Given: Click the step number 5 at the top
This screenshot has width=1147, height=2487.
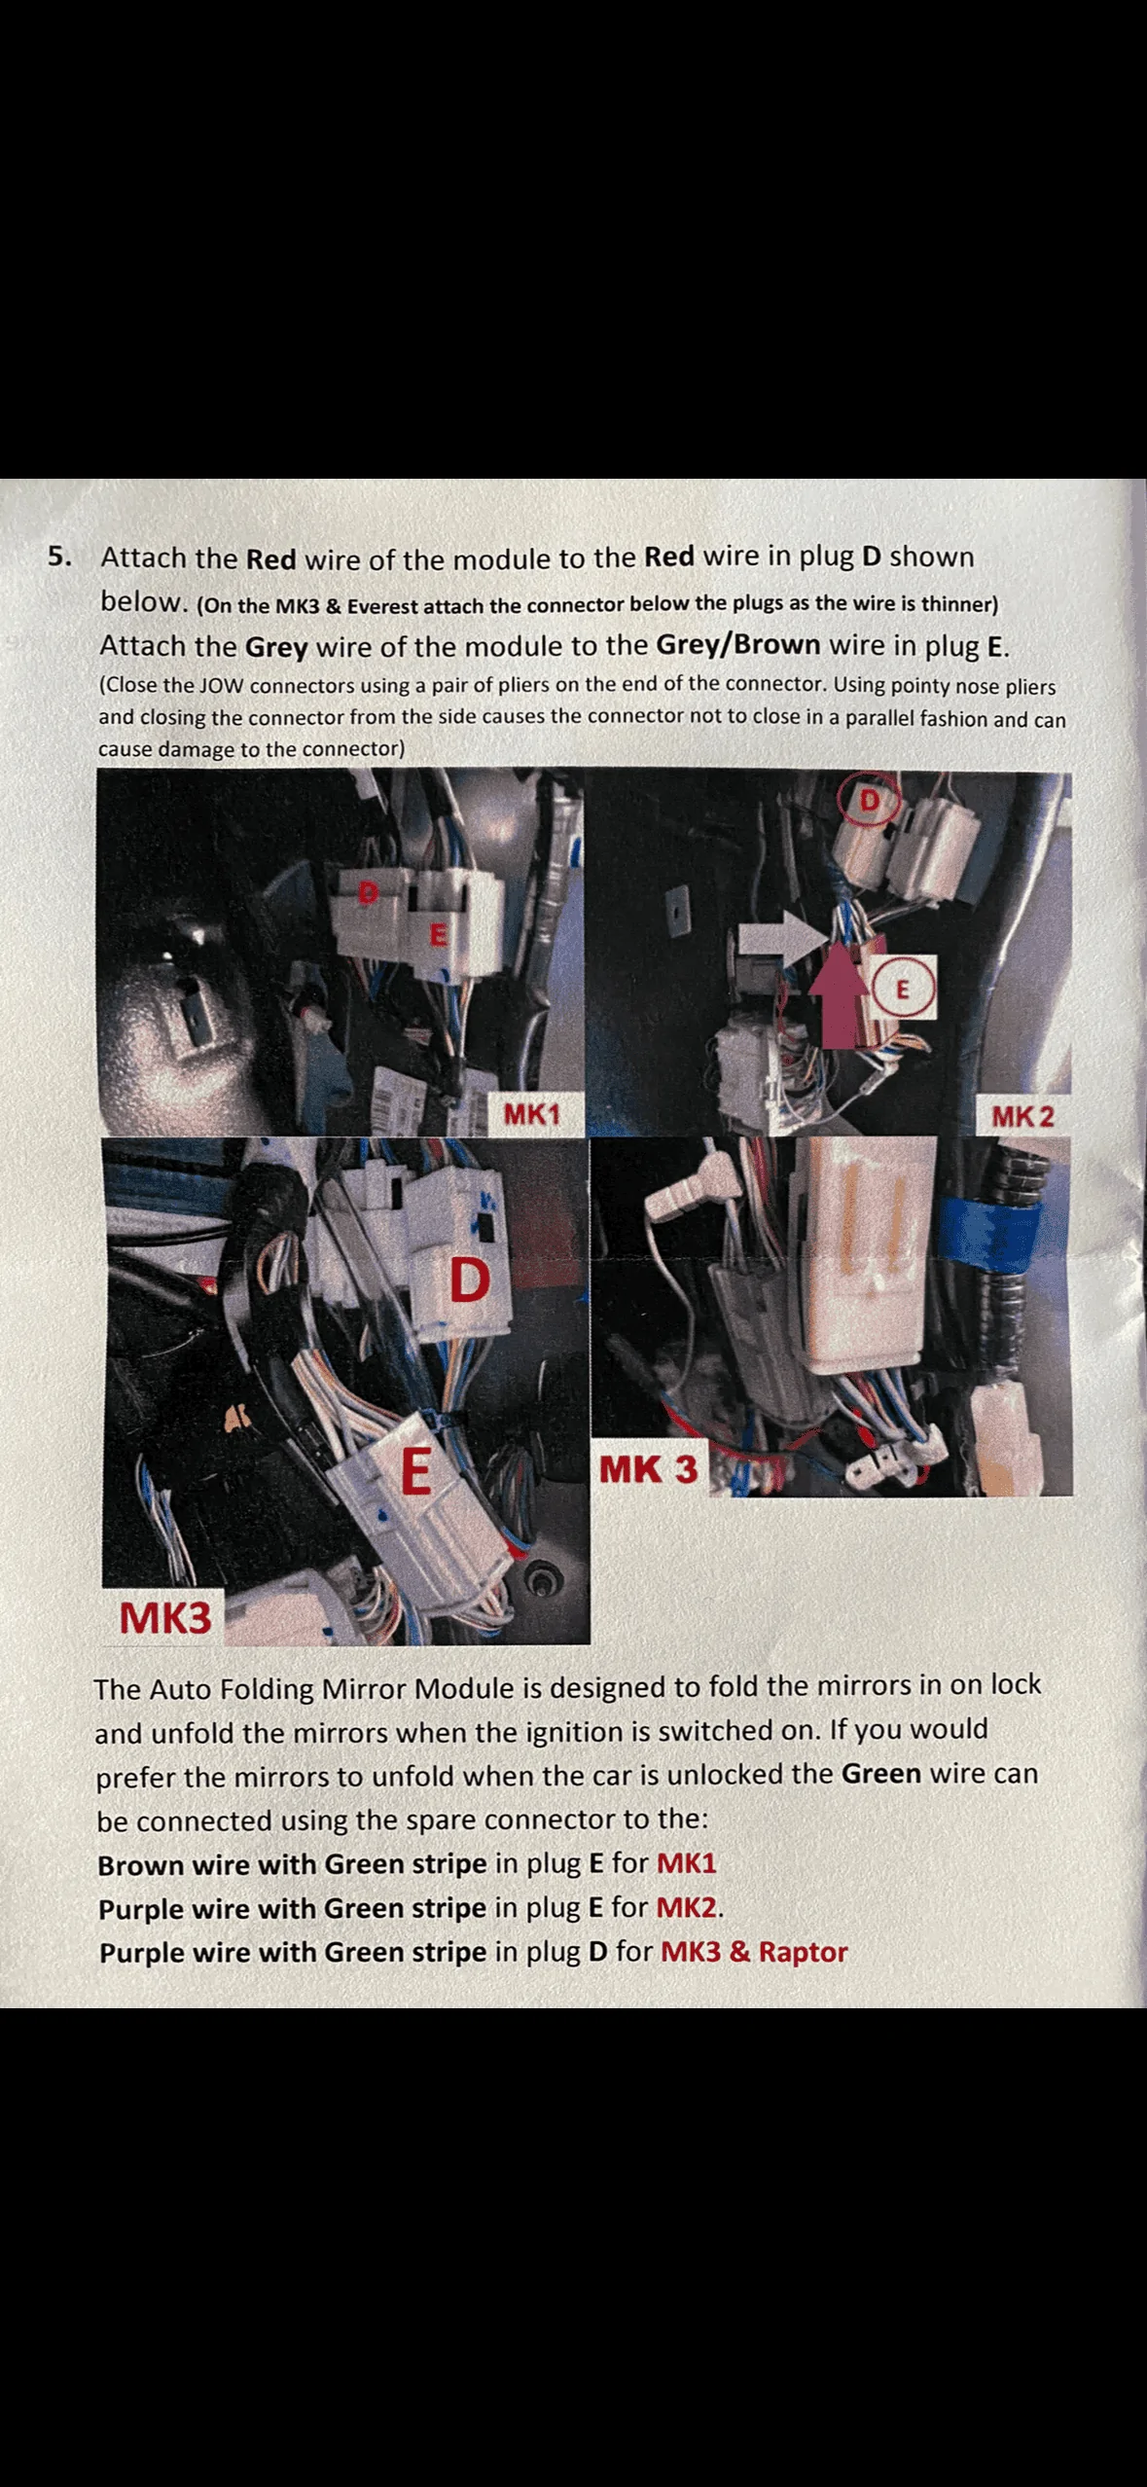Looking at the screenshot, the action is coord(59,557).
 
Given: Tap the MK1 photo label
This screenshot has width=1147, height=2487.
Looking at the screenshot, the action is coord(532,1114).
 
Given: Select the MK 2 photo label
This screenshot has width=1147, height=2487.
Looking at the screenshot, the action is coord(1022,1116).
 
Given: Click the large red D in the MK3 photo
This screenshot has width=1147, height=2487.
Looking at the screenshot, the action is coord(469,1280).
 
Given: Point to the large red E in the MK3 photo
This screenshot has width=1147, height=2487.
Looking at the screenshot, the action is coord(416,1470).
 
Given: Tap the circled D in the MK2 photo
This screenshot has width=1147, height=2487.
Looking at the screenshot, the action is coord(868,800).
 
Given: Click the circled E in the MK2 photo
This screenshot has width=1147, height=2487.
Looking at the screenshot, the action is coord(902,990).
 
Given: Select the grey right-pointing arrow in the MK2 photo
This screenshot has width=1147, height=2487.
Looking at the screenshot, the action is coord(784,939).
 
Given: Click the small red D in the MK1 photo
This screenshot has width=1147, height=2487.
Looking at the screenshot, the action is coord(367,892).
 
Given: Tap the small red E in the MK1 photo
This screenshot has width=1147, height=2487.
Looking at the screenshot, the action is coord(438,935).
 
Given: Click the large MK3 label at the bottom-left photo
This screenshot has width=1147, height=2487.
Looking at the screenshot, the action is coord(164,1618).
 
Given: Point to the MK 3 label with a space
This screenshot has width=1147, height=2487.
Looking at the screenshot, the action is coord(648,1469).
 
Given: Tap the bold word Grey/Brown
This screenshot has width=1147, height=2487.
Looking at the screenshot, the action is coord(738,645).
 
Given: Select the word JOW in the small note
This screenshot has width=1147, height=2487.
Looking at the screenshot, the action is coord(222,685).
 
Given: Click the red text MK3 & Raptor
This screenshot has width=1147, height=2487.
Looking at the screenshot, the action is coord(754,1952).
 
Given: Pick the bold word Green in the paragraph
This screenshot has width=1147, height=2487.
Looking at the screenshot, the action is coord(881,1773).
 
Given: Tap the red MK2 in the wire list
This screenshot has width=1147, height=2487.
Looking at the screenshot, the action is coord(688,1907).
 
